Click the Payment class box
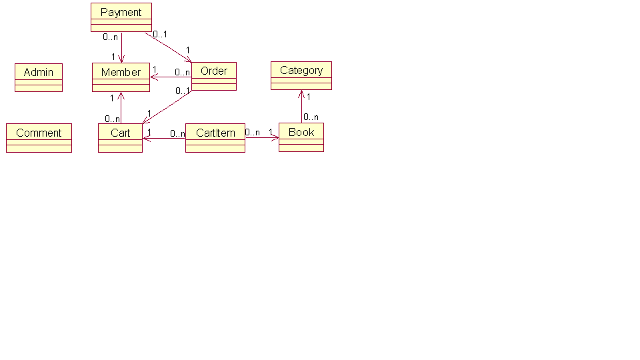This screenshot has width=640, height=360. (x=121, y=17)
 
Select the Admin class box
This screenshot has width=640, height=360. (x=39, y=77)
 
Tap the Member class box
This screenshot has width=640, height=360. (x=121, y=77)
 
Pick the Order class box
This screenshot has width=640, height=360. (x=213, y=76)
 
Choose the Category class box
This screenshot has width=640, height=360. (x=301, y=75)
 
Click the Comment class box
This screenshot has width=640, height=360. (x=39, y=138)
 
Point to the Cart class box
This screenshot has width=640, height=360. (x=120, y=138)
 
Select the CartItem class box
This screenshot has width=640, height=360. (x=215, y=138)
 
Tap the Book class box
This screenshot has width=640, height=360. (x=301, y=137)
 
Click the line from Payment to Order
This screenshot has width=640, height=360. (x=168, y=47)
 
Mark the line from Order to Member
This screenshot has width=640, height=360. (x=171, y=77)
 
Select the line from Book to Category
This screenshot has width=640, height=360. (x=301, y=107)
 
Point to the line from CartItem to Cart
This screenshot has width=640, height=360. (x=164, y=139)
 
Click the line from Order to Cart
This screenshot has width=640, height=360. (x=167, y=107)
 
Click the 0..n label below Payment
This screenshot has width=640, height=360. (x=110, y=37)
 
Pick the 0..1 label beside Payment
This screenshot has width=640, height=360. (x=160, y=34)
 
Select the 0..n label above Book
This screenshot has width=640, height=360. (x=311, y=117)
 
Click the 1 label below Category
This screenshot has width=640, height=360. (x=309, y=97)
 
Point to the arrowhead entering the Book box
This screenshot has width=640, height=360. (x=275, y=138)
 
